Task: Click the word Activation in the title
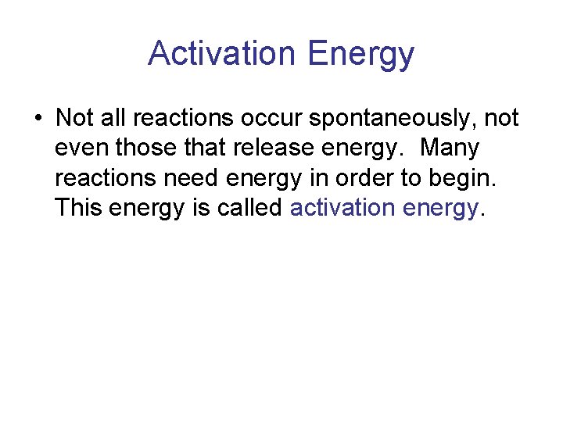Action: point(223,54)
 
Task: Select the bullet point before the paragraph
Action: point(38,119)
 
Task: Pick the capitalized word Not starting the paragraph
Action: point(75,118)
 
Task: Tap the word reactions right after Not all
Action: point(182,119)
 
